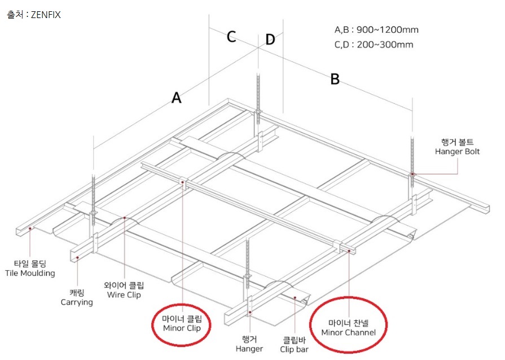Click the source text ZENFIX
coord(46,15)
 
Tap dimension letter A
coord(177,97)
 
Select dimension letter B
coord(335,79)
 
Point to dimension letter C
coord(231,36)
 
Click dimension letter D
coord(270,39)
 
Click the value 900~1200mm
coord(388,30)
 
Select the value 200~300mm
coord(385,45)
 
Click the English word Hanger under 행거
coord(249,349)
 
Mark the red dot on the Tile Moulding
coord(30,229)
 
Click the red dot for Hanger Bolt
coord(413,174)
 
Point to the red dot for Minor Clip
coord(183,182)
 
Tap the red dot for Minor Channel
coord(349,250)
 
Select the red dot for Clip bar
coord(295,297)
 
